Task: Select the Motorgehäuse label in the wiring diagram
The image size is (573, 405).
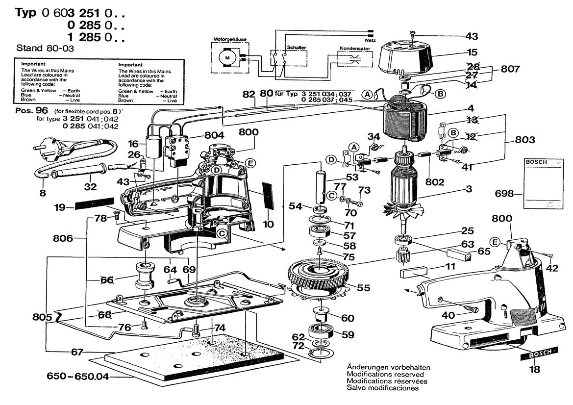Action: pyautogui.click(x=227, y=38)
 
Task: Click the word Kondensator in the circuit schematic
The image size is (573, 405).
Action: pyautogui.click(x=356, y=49)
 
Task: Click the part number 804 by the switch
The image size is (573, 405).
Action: pyautogui.click(x=214, y=135)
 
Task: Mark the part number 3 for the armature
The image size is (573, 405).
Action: pyautogui.click(x=469, y=188)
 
